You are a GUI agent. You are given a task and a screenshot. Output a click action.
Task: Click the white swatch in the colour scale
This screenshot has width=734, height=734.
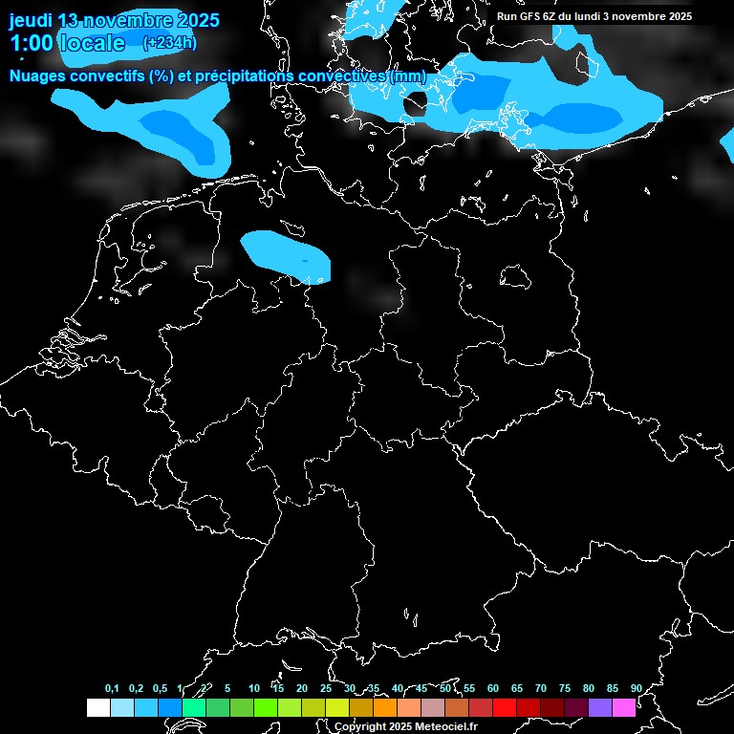pyautogui.click(x=97, y=707)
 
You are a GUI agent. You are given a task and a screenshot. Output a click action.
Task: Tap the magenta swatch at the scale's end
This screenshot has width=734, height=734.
pyautogui.click(x=624, y=707)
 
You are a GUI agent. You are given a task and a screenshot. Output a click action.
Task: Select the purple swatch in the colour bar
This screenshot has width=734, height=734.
pyautogui.click(x=600, y=707)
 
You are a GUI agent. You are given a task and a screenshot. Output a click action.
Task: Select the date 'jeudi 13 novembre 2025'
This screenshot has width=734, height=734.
pyautogui.click(x=114, y=20)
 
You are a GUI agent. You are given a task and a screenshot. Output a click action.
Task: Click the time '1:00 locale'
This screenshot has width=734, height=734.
pyautogui.click(x=67, y=43)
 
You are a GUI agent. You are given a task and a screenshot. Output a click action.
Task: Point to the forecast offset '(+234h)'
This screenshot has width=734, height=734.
pyautogui.click(x=169, y=43)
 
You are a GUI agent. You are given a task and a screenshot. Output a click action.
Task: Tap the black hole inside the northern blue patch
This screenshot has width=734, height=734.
pyautogui.click(x=416, y=103)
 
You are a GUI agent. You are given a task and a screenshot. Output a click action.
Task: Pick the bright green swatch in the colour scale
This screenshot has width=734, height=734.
pyautogui.click(x=265, y=707)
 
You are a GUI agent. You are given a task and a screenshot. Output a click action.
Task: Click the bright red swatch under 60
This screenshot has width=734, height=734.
pyautogui.click(x=505, y=707)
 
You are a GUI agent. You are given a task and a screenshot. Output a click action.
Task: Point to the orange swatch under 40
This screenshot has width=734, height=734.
pyautogui.click(x=385, y=707)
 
